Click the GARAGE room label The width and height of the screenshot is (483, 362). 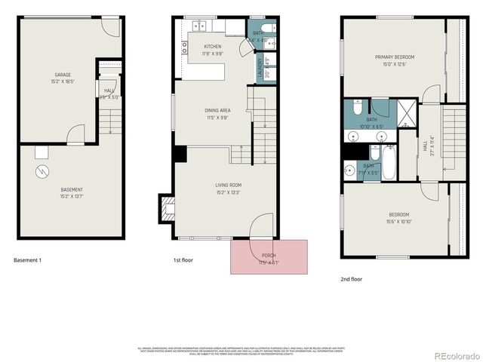click(62, 75)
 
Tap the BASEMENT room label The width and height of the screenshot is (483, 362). click(72, 189)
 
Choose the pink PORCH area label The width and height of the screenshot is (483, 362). click(269, 256)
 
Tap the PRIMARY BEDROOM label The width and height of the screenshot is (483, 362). click(393, 57)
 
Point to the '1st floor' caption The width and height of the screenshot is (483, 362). click(184, 260)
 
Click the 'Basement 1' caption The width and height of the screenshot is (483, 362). click(27, 260)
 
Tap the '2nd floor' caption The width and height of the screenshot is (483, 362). click(351, 279)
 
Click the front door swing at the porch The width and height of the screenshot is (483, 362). click(261, 226)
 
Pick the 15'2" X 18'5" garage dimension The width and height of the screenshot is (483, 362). click(62, 81)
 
